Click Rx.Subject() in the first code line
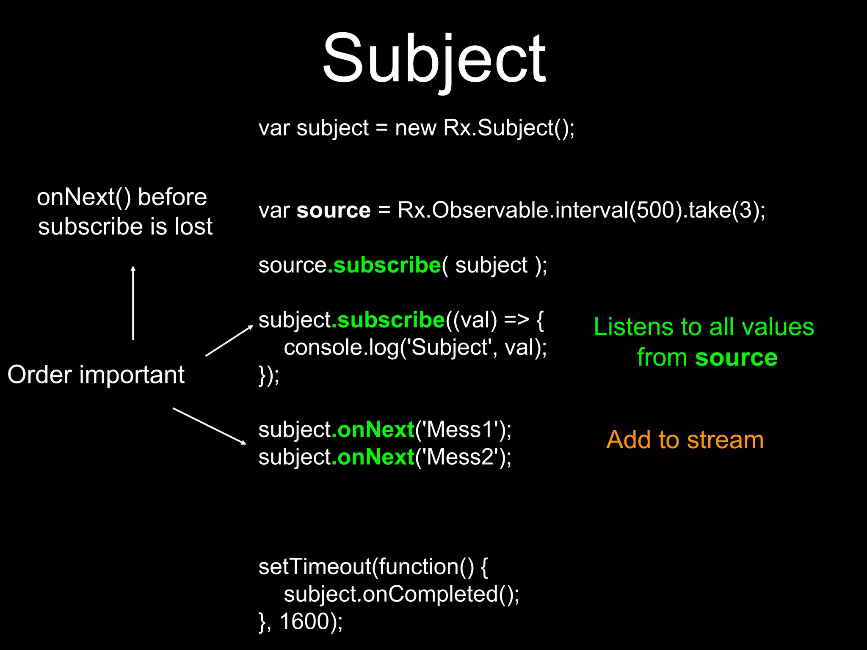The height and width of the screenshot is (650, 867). pos(508,128)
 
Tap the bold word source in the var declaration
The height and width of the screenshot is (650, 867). pos(334,210)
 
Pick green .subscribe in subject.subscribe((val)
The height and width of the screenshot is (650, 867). pos(388,320)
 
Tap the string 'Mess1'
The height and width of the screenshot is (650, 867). pos(463,430)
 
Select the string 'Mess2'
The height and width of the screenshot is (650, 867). pos(463,457)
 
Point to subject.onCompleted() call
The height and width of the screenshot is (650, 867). pos(400,594)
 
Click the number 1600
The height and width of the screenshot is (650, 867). pos(304,621)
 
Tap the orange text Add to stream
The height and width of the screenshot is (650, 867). pos(685,440)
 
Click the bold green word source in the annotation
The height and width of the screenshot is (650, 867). pos(736,358)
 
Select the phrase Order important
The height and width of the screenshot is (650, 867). pos(96,375)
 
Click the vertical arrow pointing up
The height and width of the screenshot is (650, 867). pos(133,303)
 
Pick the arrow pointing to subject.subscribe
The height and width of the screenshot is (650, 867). pos(229,341)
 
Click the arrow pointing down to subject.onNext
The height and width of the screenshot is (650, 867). pos(210,426)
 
